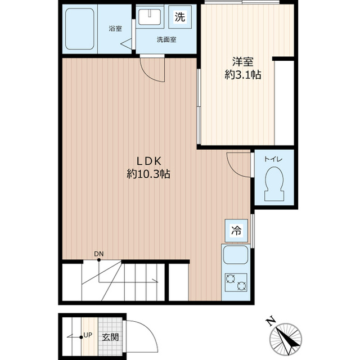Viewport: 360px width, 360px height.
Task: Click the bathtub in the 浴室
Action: pyautogui.click(x=80, y=29)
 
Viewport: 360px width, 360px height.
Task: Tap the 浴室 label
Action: pyautogui.click(x=115, y=29)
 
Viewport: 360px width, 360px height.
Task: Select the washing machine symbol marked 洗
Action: pyautogui.click(x=180, y=17)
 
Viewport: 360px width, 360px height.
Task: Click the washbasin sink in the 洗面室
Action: pyautogui.click(x=150, y=17)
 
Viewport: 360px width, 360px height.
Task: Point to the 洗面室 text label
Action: pyautogui.click(x=166, y=39)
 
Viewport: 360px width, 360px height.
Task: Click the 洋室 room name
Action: pyautogui.click(x=242, y=62)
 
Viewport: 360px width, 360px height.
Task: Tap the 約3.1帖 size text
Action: pyautogui.click(x=242, y=75)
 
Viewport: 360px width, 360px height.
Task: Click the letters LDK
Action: pyautogui.click(x=149, y=161)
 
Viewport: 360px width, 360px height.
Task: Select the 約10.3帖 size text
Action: pyautogui.click(x=148, y=174)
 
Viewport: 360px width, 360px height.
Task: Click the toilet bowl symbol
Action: pyautogui.click(x=274, y=184)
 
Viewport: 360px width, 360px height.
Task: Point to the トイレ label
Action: pyautogui.click(x=273, y=159)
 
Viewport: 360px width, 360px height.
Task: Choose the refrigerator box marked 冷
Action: pyautogui.click(x=236, y=231)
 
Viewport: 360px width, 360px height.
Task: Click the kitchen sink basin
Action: pyautogui.click(x=236, y=255)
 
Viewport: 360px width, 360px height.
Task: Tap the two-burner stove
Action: pyautogui.click(x=236, y=282)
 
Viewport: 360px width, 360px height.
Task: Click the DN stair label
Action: pyautogui.click(x=99, y=254)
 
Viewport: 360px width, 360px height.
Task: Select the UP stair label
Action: pyautogui.click(x=88, y=335)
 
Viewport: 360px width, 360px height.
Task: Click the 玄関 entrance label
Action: pyautogui.click(x=110, y=337)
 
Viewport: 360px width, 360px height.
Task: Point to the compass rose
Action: pyautogui.click(x=286, y=339)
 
